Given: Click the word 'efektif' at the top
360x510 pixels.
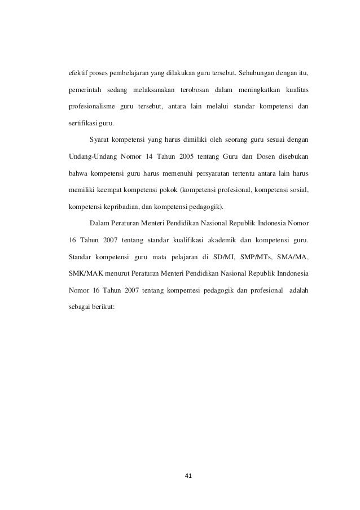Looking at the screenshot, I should pos(78,72).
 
